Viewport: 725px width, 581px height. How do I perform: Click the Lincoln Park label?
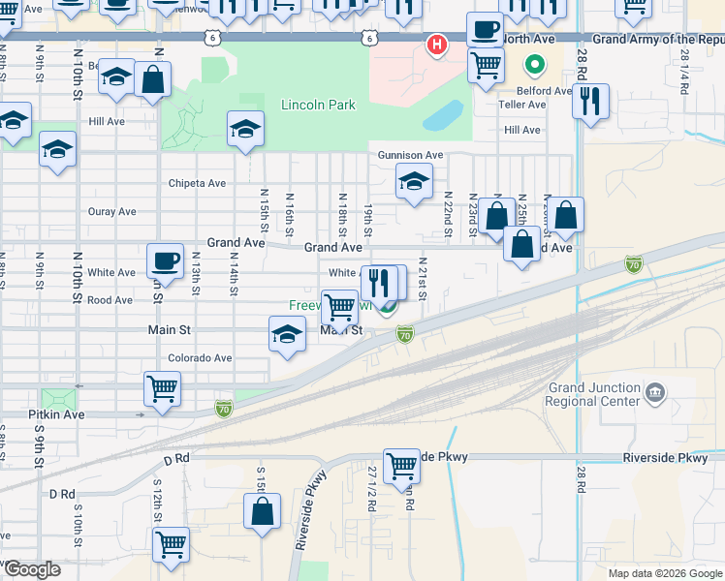[318, 105]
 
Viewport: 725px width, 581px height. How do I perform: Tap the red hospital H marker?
[437, 44]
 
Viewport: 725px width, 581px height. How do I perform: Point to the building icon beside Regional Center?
[656, 391]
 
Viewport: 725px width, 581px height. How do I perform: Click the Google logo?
[32, 569]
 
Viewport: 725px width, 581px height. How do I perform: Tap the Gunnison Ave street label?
[410, 155]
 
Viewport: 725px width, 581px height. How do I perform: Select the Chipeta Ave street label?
[197, 183]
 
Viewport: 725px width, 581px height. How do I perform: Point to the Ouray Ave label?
[111, 211]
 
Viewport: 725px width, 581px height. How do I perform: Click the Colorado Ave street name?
[200, 357]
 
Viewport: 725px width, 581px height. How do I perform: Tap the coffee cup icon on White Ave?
[165, 260]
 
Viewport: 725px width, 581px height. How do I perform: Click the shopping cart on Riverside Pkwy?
[401, 466]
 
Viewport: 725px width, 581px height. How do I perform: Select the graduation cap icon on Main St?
[287, 335]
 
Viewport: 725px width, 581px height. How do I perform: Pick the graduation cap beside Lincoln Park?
[246, 127]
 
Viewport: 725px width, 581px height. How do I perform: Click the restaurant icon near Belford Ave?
[590, 99]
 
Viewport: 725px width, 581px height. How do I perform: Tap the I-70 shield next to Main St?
[405, 335]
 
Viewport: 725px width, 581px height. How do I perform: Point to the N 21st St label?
[423, 273]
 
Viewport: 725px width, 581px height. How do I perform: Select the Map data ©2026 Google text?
[664, 573]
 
